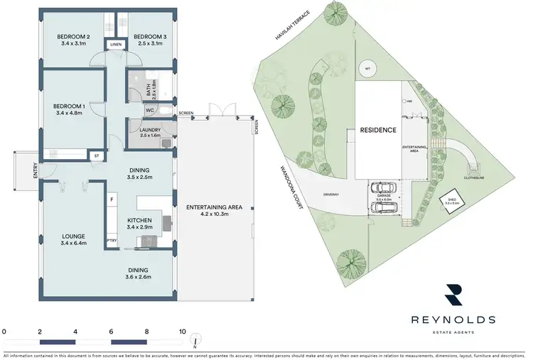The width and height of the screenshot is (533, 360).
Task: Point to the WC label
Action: point(150,111)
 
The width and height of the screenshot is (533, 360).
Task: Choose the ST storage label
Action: point(96,155)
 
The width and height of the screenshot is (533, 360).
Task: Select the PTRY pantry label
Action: point(112,241)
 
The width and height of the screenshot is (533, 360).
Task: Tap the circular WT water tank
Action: point(367,68)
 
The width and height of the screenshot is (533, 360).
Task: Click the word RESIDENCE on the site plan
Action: point(377,131)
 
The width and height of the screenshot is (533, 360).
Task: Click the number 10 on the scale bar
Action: point(183,332)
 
